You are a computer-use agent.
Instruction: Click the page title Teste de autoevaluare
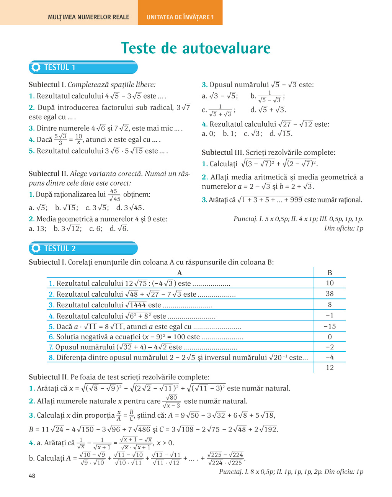196,48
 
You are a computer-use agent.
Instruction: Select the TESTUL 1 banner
83,67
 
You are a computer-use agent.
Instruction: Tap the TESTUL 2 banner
83,248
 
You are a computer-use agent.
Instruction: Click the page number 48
32,476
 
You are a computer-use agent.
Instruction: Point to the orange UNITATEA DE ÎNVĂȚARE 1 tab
180,17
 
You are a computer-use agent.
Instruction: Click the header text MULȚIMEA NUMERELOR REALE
88,17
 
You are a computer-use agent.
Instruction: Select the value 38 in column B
330,294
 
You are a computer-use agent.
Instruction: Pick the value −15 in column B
330,326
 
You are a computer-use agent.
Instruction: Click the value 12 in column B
330,368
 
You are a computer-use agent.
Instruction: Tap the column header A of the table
180,273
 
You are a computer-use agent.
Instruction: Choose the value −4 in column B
330,357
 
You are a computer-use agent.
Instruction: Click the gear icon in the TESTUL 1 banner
36,67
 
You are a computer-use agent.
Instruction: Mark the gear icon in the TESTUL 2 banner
36,248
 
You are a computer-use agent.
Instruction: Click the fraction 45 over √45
114,195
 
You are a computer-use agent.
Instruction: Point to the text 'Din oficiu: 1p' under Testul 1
343,229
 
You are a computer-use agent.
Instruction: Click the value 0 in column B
330,337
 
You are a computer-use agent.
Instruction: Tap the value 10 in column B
330,283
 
